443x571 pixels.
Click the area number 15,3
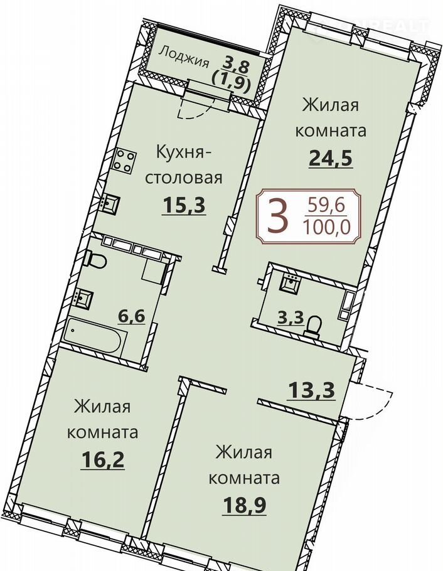[x=184, y=205]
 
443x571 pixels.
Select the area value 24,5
[x=331, y=157]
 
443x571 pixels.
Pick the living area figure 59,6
[x=326, y=206]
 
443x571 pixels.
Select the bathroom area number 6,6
[x=132, y=316]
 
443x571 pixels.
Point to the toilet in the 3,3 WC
[x=312, y=326]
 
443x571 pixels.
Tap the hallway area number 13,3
[x=311, y=391]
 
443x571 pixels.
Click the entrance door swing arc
[x=379, y=404]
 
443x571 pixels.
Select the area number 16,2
[x=103, y=460]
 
